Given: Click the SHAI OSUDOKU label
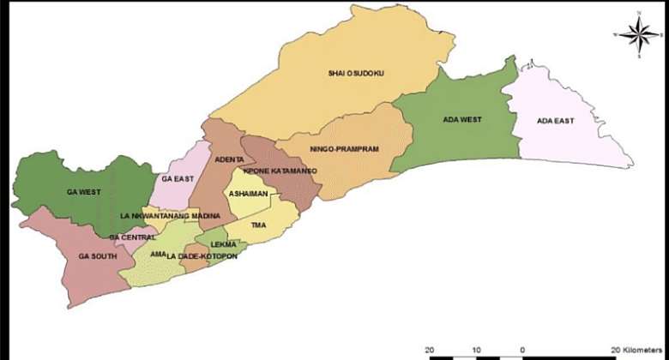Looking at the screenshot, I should click(x=356, y=74).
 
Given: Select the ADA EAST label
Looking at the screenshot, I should click(x=555, y=121).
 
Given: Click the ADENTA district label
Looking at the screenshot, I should click(x=230, y=160).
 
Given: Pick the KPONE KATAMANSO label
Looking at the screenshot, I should click(x=280, y=171).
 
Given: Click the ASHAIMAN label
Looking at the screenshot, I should click(x=247, y=195).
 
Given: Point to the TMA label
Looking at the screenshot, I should click(x=258, y=225).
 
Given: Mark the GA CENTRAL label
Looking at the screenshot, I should click(x=132, y=237).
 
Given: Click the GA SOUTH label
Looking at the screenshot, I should click(x=95, y=256).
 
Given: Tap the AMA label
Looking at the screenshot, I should click(x=158, y=255).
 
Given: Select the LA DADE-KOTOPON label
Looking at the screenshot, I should click(x=200, y=256).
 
